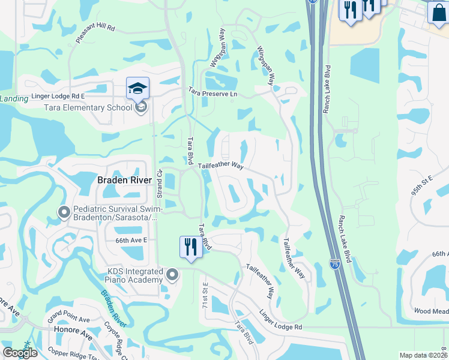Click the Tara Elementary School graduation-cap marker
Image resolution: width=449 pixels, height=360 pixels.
[137, 89]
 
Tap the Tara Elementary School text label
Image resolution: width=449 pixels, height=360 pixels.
[88, 107]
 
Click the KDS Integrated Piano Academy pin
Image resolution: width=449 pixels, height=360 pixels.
[173, 275]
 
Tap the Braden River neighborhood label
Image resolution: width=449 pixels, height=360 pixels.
[124, 179]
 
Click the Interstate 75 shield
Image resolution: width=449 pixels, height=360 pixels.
[334, 263]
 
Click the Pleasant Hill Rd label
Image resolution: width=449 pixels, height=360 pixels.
[99, 36]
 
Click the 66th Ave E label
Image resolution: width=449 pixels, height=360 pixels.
[124, 239]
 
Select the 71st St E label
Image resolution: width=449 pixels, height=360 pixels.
[204, 295]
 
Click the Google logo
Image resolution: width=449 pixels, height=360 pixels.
[20, 353]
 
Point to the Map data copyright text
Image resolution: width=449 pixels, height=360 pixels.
[424, 355]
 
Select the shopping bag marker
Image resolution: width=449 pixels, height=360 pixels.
[438, 13]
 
